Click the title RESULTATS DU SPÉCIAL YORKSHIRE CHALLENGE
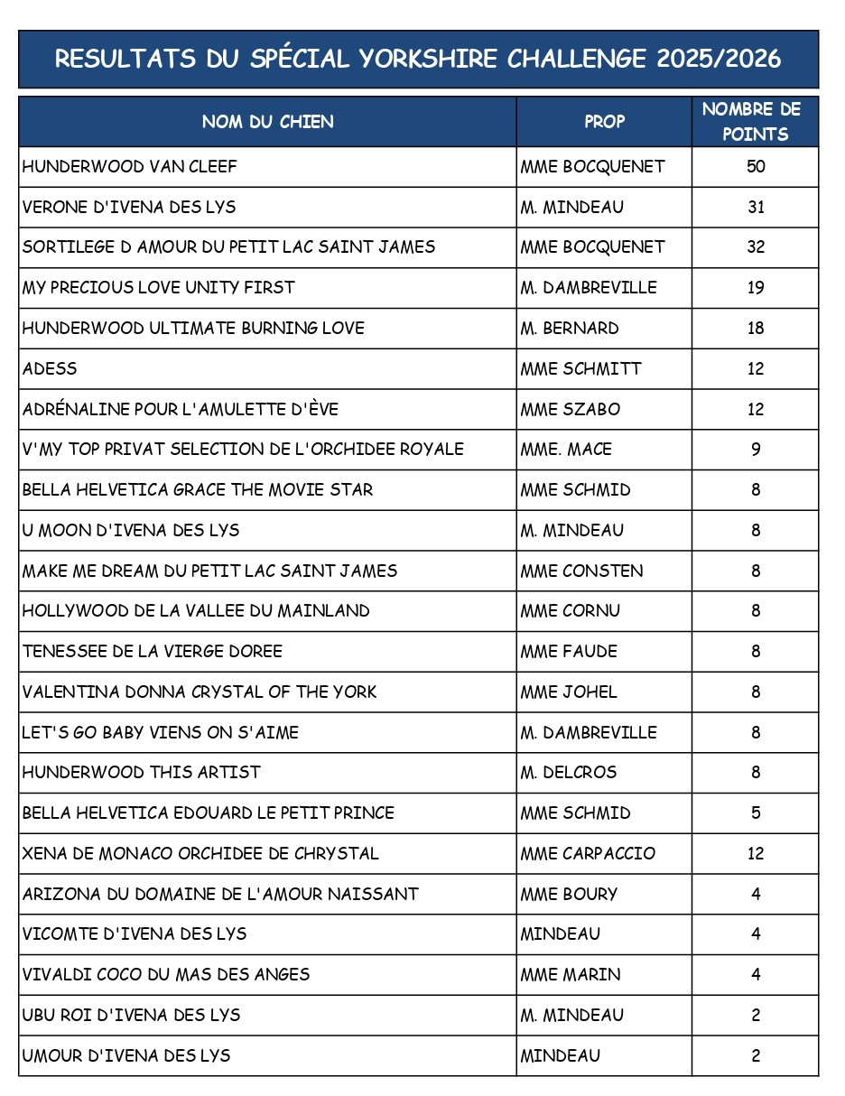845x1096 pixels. click(418, 60)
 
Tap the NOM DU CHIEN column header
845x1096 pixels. click(267, 122)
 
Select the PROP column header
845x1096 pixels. click(604, 122)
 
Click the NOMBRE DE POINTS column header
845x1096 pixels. click(756, 122)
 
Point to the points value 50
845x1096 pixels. click(756, 167)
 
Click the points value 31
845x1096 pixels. click(756, 208)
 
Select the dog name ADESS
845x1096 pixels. click(50, 369)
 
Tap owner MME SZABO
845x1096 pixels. click(570, 409)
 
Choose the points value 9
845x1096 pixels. click(756, 450)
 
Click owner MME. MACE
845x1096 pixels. click(566, 450)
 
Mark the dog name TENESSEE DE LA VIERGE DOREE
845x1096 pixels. click(152, 652)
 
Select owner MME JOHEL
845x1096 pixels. click(569, 692)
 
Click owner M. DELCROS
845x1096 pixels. click(568, 773)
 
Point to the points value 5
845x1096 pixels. click(756, 813)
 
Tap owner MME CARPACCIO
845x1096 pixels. click(588, 854)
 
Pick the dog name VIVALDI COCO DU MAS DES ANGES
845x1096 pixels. click(166, 975)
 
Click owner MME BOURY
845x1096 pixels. click(569, 895)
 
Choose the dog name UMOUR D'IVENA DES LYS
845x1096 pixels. click(126, 1055)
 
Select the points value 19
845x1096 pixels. click(756, 288)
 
